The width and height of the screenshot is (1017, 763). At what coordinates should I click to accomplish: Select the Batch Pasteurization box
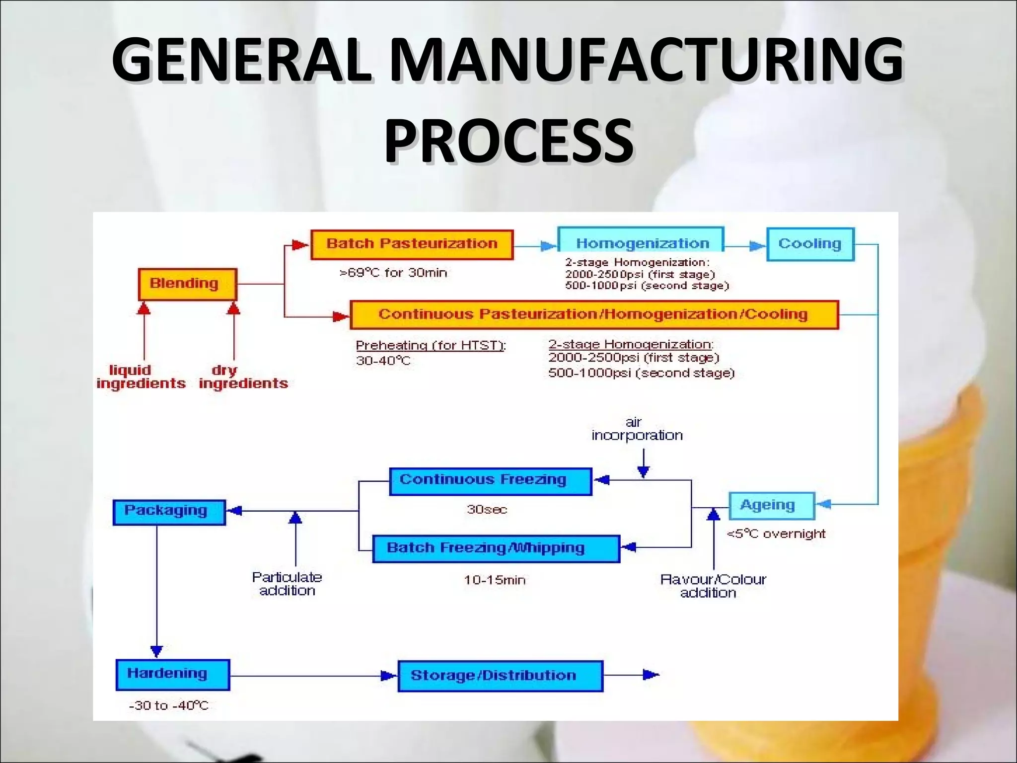pyautogui.click(x=412, y=244)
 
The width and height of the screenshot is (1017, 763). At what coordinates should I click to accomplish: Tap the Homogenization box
pyautogui.click(x=641, y=243)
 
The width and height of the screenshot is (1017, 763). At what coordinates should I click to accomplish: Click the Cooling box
pyautogui.click(x=810, y=244)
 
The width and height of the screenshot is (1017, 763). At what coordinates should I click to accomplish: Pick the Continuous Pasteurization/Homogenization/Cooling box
pyautogui.click(x=594, y=314)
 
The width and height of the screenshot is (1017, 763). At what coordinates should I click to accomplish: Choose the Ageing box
pyautogui.click(x=771, y=505)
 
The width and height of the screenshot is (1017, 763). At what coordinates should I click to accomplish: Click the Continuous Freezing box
pyautogui.click(x=490, y=481)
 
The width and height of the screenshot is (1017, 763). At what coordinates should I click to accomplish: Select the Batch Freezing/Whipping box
pyautogui.click(x=496, y=548)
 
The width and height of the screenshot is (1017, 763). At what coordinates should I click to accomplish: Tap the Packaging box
pyautogui.click(x=169, y=512)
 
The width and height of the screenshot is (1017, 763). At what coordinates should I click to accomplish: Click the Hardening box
pyautogui.click(x=172, y=675)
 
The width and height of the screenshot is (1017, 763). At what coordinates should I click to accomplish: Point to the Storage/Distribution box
pyautogui.click(x=500, y=676)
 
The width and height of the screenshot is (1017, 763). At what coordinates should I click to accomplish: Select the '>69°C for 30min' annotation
pyautogui.click(x=393, y=273)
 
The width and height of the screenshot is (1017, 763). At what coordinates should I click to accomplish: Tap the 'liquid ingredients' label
pyautogui.click(x=141, y=377)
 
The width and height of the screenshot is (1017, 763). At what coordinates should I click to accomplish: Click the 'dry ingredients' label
pyautogui.click(x=243, y=377)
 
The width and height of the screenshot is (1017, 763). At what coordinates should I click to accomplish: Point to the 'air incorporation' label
pyautogui.click(x=637, y=429)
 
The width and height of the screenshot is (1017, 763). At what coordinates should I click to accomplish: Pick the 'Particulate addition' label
pyautogui.click(x=287, y=584)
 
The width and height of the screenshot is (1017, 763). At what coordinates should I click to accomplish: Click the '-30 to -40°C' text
pyautogui.click(x=168, y=706)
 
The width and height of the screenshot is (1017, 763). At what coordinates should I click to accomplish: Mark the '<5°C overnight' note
pyautogui.click(x=776, y=534)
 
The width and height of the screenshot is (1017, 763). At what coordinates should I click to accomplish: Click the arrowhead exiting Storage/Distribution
pyautogui.click(x=651, y=675)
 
